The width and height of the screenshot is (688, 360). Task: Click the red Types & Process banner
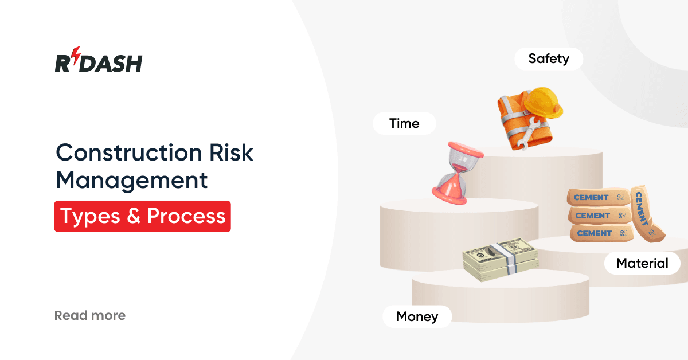click(x=142, y=216)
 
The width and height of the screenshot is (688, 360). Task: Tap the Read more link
click(x=89, y=315)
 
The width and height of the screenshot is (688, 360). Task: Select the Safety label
click(x=549, y=58)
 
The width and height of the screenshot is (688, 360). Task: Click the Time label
click(x=404, y=123)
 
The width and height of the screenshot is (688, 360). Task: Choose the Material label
click(x=642, y=263)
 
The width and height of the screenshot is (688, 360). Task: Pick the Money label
click(x=417, y=316)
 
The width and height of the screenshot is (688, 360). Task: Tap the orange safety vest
click(x=512, y=112)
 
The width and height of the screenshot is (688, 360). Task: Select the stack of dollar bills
click(x=501, y=260)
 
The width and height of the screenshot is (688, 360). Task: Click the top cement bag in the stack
click(x=596, y=198)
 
